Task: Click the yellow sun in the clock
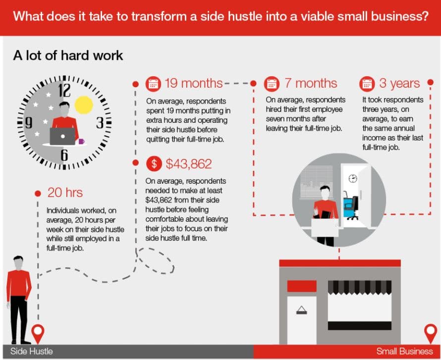[84, 105]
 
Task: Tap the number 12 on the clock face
[64, 90]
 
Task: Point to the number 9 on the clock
[28, 123]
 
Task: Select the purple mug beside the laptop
[81, 141]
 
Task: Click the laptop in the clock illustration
[63, 136]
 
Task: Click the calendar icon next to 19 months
[153, 84]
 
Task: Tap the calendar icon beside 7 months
[272, 84]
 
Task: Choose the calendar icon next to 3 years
[367, 84]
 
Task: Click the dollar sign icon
[154, 163]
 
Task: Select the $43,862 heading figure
[189, 164]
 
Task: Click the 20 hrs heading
[65, 193]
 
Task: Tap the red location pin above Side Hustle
[38, 334]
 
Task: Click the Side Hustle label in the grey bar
[32, 351]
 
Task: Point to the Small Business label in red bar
[404, 351]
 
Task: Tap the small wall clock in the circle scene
[353, 178]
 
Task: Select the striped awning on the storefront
[359, 287]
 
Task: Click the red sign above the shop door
[302, 286]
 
